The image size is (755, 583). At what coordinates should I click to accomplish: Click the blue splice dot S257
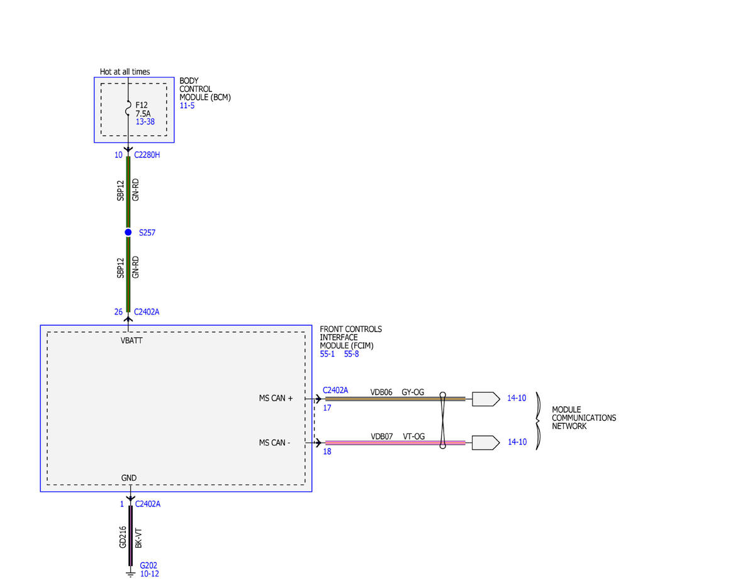tap(128, 232)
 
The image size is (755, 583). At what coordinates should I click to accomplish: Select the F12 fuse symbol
tap(128, 108)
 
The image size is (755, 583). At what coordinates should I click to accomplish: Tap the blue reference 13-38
tap(145, 122)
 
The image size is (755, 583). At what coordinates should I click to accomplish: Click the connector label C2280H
tap(147, 155)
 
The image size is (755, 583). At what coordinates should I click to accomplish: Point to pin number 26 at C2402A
tap(118, 312)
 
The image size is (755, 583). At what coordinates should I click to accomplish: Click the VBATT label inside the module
tap(131, 340)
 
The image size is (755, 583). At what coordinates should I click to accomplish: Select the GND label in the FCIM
tap(128, 478)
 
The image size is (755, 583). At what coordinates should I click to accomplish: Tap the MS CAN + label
tap(276, 398)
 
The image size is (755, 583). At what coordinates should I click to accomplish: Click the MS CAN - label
tap(274, 443)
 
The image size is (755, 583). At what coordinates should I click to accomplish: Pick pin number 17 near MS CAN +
tap(327, 408)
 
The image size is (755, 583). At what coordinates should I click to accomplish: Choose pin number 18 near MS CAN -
tap(327, 452)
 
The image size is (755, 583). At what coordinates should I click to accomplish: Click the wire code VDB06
tap(381, 392)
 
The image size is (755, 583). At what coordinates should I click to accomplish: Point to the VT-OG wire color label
tap(414, 436)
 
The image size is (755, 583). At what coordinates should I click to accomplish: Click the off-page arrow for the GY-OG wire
tap(486, 399)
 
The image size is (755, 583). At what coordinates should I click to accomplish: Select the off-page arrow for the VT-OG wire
tap(486, 443)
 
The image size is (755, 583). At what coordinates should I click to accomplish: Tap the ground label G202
tap(148, 565)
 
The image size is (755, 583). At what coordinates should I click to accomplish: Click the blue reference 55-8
tap(351, 354)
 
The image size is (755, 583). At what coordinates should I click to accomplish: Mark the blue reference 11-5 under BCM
tap(187, 106)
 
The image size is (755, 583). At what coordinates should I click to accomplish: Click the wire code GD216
tap(123, 537)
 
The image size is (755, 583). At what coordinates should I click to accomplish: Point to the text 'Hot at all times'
tap(125, 72)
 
